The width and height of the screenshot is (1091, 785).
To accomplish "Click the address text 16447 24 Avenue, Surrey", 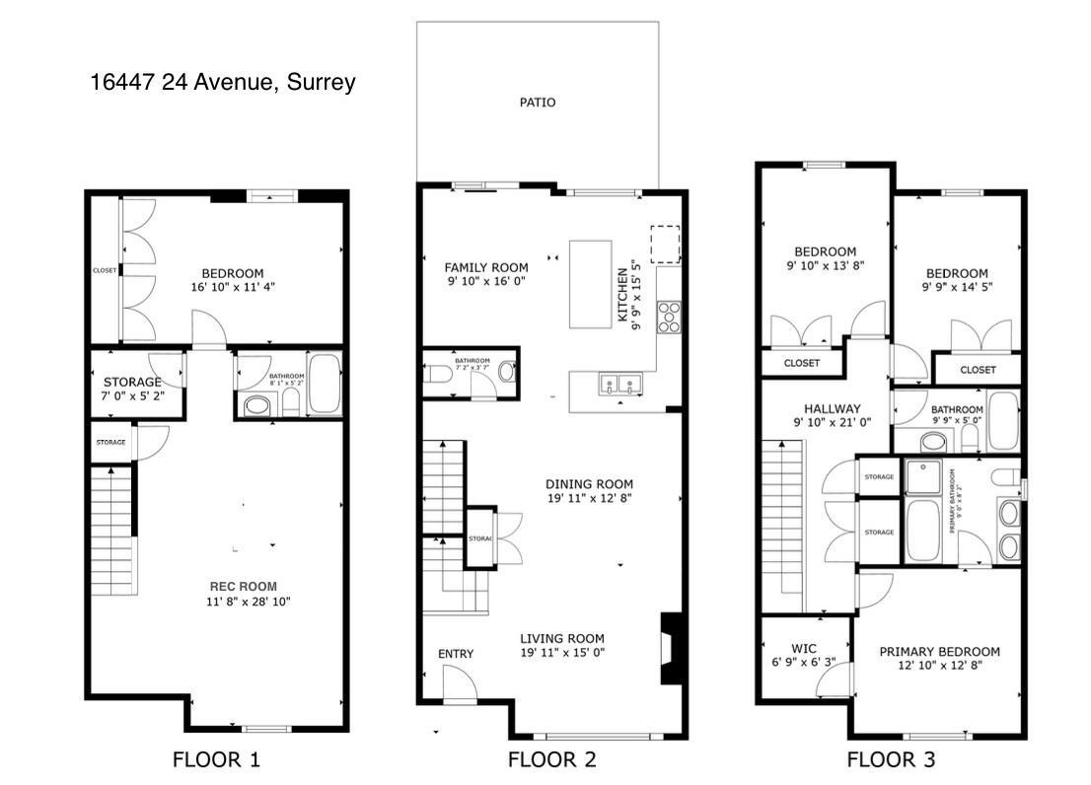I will [x=222, y=83].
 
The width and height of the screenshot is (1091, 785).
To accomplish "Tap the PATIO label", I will [x=538, y=102].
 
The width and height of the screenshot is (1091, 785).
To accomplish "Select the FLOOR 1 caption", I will [x=217, y=759].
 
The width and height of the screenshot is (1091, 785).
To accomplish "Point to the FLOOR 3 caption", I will [x=891, y=759].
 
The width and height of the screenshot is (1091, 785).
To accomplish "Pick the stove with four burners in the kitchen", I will [x=670, y=318].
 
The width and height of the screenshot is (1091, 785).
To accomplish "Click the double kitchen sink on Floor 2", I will [x=620, y=384].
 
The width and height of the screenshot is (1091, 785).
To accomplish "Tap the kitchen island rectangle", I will [x=590, y=284].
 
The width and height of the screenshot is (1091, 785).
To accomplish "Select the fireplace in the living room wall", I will [x=670, y=647].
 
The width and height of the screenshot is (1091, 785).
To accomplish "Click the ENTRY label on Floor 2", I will [x=455, y=654].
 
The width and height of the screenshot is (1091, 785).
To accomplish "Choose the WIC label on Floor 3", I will [x=805, y=648].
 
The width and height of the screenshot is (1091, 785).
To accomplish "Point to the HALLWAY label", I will [x=832, y=408].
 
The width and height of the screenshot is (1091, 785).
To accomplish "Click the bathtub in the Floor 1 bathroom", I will [x=324, y=386].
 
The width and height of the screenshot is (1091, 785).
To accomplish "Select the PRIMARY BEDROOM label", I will [x=939, y=651].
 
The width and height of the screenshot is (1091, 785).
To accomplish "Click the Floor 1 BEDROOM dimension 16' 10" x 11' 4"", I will [x=233, y=288].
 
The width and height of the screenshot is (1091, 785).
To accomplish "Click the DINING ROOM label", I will [x=589, y=484].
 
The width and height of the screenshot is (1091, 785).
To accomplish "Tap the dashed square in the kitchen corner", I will [x=665, y=244].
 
